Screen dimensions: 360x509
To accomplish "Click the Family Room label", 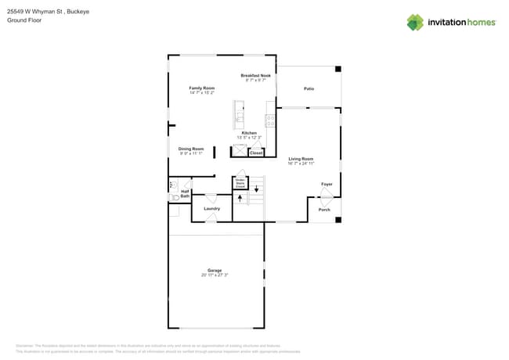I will [201, 88].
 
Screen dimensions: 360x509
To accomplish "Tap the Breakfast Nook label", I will [256, 76].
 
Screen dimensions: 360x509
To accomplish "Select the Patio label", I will [309, 89].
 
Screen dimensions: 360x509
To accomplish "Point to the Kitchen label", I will [249, 133].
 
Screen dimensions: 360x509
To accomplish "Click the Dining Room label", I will [190, 149].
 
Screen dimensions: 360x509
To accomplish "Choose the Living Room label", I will [301, 159].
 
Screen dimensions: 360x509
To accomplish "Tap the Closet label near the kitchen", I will [256, 153].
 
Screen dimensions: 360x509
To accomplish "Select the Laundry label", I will [211, 209].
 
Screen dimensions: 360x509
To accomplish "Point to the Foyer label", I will [327, 185].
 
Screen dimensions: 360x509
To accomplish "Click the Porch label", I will [324, 210].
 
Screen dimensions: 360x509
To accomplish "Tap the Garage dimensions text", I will [215, 275].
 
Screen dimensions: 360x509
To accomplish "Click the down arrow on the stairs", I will [256, 189].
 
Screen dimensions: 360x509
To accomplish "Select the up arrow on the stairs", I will [240, 198].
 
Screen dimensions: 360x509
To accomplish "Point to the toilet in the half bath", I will [172, 186].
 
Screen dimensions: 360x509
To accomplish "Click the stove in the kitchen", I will [269, 121].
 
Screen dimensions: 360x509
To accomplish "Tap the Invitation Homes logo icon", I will [415, 22].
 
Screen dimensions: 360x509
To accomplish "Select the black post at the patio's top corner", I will [338, 70].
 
